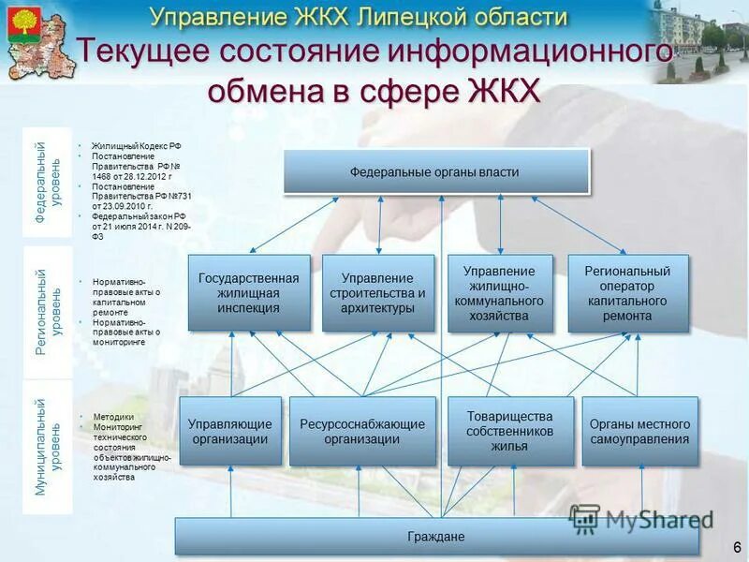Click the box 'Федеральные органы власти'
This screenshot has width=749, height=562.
[x=436, y=172]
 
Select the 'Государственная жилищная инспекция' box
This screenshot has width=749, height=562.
[x=248, y=292]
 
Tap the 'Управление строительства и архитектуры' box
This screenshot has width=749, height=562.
[x=377, y=292]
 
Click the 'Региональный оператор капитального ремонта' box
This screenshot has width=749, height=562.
[x=627, y=292]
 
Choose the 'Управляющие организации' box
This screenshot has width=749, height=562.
[x=230, y=431]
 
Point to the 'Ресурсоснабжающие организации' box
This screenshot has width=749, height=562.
[x=361, y=431]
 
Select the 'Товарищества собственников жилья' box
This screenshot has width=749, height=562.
[x=509, y=431]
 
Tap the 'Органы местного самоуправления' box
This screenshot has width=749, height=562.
[x=639, y=431]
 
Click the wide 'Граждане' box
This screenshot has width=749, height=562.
[x=436, y=537]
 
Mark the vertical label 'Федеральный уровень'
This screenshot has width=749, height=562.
[x=47, y=182]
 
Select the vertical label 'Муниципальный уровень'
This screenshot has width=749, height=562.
[x=47, y=446]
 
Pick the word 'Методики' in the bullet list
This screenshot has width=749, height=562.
[x=113, y=417]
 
